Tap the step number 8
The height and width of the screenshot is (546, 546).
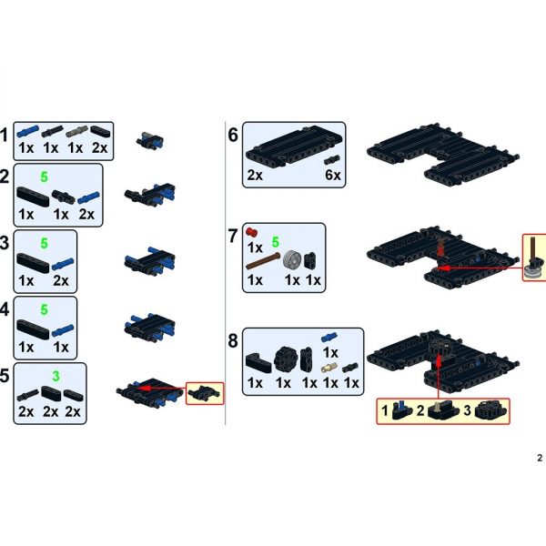point(233,341)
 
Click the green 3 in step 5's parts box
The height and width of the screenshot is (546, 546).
point(55,374)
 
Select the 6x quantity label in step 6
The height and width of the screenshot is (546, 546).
point(333,174)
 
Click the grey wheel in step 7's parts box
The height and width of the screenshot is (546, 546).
point(293,258)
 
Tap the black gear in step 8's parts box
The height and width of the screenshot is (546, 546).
point(283,357)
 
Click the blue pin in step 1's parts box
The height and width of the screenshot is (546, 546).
point(26,130)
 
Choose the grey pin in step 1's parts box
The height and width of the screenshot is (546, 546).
point(76,130)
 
